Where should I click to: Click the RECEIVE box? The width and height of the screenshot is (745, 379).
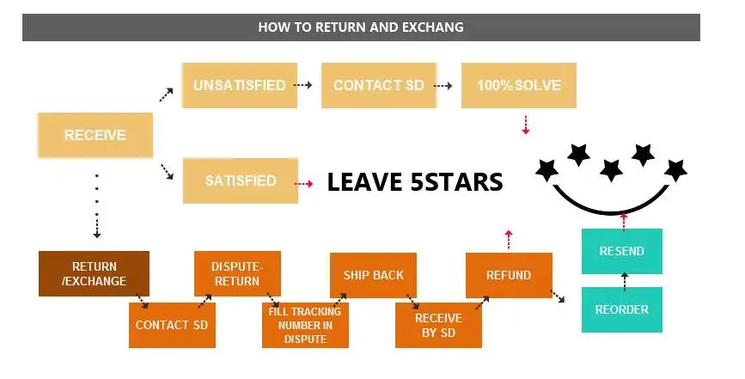pos(95,135)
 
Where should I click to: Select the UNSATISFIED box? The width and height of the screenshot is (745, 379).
pos(240,85)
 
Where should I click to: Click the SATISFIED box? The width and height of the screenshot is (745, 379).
pos(241,180)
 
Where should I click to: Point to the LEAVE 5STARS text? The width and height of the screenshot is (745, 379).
pos(414,182)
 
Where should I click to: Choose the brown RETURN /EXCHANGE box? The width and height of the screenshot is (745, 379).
pos(95,273)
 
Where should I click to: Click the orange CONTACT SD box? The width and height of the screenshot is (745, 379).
pos(172,325)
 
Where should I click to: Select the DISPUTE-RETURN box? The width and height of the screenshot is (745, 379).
pos(235,273)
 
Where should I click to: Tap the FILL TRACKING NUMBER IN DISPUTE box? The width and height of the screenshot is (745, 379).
pos(305,325)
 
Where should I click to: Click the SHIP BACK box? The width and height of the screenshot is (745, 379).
pos(373,275)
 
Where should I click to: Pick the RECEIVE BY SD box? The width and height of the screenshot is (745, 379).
pos(438,325)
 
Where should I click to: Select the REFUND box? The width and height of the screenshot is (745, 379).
pos(509,275)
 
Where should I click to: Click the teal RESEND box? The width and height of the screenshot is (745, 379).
pos(622,252)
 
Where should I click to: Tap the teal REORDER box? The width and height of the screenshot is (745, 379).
pos(622,309)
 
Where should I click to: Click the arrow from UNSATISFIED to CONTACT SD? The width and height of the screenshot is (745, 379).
pos(302,85)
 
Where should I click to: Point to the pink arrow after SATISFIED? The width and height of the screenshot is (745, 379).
pos(303,183)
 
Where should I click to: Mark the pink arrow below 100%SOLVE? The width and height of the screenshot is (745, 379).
pos(526,125)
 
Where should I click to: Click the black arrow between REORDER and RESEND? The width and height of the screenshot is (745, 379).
pos(623,280)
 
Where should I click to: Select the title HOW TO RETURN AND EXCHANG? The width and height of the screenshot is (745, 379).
pos(361,28)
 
